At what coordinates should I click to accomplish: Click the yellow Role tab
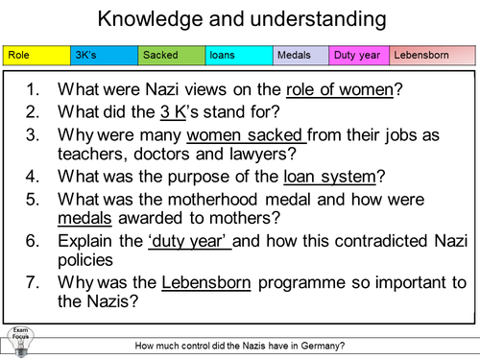pos(36,56)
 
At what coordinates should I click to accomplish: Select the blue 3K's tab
pos(104,56)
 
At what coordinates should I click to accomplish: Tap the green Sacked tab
pos(171,56)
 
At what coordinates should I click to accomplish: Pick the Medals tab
pos(300,56)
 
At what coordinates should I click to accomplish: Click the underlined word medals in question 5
pos(88,218)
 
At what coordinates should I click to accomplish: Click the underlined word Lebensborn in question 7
pos(206,282)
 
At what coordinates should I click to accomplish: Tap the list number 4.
pos(35,177)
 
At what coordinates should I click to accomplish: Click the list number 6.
pos(35,240)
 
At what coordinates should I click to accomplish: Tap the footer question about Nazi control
pos(240,346)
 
